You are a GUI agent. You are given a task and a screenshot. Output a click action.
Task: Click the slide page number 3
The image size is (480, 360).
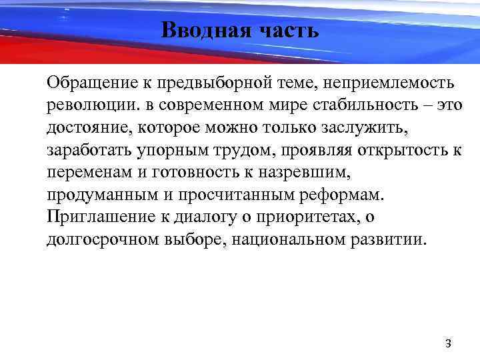(x=448, y=344)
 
